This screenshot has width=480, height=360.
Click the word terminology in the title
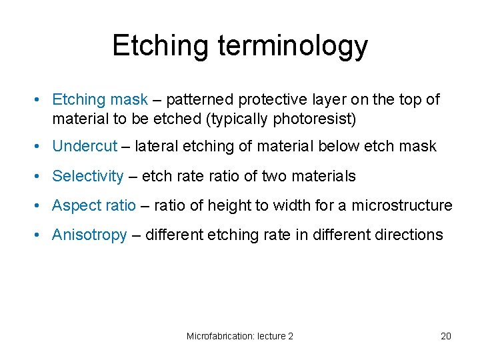click(293, 45)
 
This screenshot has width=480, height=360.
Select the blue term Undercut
click(85, 146)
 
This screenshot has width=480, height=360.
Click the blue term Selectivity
click(87, 176)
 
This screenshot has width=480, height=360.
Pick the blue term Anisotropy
click(89, 235)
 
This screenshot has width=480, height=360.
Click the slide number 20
click(446, 336)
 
